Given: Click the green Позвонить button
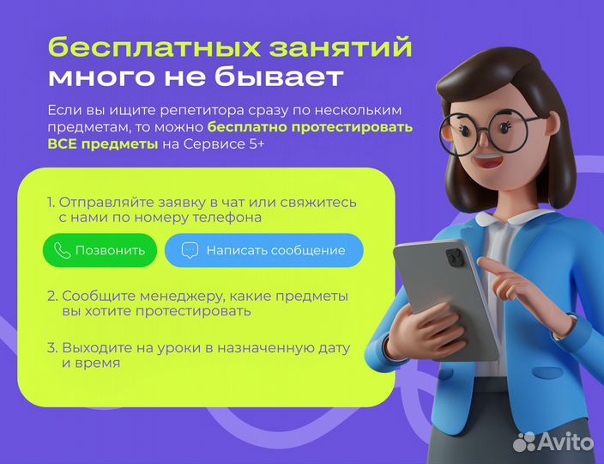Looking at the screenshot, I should (x=100, y=250).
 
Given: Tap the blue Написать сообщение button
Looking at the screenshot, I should (x=263, y=250).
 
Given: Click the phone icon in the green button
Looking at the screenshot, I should (x=62, y=250).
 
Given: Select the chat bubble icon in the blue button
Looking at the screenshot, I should (x=190, y=250).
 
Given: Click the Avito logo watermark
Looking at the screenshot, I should (x=553, y=442).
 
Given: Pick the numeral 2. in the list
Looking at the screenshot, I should (x=51, y=296).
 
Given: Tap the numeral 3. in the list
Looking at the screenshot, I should (x=51, y=348).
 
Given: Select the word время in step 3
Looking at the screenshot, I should (x=97, y=363).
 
